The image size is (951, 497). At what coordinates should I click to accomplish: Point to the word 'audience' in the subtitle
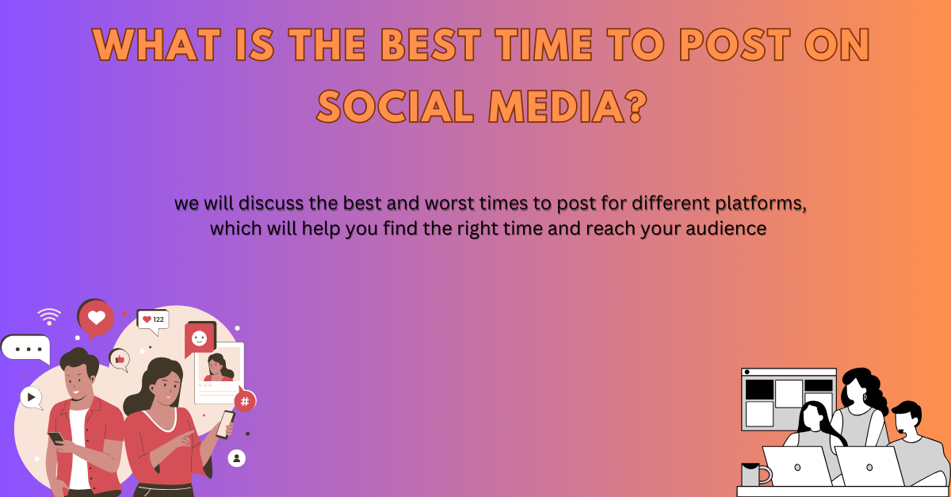(x=726, y=229)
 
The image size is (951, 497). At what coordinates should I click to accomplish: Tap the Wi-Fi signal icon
(x=49, y=316)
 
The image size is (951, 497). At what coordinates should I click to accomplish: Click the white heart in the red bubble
(x=97, y=317)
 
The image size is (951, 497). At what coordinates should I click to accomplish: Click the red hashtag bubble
(x=245, y=400)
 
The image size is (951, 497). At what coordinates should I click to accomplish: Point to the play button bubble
(x=31, y=398)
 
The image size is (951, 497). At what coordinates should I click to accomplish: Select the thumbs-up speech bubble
(x=120, y=360)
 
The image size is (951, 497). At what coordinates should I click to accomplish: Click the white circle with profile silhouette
(x=236, y=458)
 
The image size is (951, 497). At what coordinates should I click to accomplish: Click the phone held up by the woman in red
(x=225, y=425)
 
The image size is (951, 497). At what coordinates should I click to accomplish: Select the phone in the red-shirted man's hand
(x=56, y=438)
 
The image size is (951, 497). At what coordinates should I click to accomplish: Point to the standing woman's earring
(x=865, y=397)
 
